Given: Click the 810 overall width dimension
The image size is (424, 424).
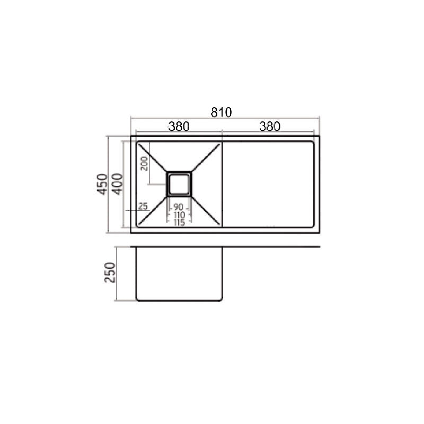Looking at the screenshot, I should pos(222,112).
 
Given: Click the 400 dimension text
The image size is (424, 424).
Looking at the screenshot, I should pos(118,184).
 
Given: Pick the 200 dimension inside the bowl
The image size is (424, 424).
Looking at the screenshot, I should pos(143,165).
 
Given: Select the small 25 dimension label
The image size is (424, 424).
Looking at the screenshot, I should pos(143,206).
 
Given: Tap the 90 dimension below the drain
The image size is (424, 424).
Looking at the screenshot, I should pos(179,206).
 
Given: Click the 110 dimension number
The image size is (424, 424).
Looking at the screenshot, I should pos(179,215).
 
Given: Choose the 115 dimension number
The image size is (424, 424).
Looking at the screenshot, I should pos(179,223).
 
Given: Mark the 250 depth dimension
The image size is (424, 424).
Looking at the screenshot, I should pos(110,273).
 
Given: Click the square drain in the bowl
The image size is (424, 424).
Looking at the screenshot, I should pos(179,183).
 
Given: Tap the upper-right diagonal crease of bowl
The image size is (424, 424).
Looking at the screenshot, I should pos(206,157).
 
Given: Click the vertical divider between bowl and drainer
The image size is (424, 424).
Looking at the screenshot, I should pos(222,184).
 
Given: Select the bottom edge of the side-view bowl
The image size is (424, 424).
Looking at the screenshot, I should pos(179,301).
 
